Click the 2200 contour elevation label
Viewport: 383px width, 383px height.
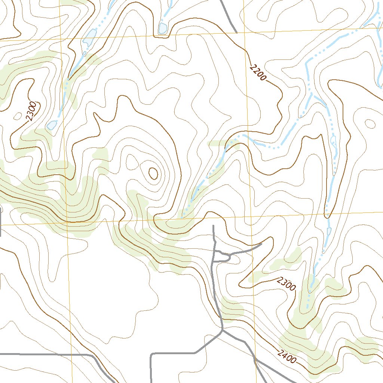click(258, 73)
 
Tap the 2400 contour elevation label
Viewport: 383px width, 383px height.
click(287, 356)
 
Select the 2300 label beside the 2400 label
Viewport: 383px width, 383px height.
click(287, 284)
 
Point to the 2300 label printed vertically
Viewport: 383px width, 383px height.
click(31, 111)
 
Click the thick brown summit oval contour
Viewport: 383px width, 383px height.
click(153, 173)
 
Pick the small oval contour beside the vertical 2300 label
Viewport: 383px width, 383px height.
click(18, 116)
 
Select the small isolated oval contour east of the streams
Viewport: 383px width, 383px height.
click(370, 123)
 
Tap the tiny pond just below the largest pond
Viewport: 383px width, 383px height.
click(85, 53)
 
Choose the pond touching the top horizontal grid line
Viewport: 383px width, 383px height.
click(163, 28)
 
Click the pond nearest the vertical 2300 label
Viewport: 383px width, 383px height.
click(52, 125)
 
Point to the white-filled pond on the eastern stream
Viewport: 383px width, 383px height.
click(333, 141)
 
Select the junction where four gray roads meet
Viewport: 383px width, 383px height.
click(223, 329)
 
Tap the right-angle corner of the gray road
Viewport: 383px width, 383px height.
click(151, 353)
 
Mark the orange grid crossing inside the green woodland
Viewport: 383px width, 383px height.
click(68, 222)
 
